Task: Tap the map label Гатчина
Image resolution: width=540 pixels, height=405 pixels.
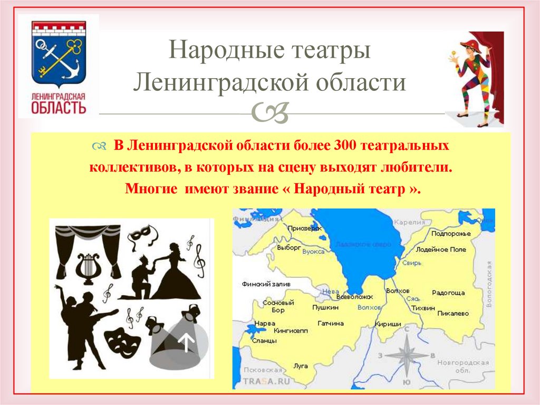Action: click(331, 323)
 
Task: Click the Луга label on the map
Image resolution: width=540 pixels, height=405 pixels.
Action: click(300, 365)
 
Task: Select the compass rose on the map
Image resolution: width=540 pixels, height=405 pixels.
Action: click(406, 355)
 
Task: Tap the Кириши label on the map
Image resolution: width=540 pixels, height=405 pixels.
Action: click(388, 324)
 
